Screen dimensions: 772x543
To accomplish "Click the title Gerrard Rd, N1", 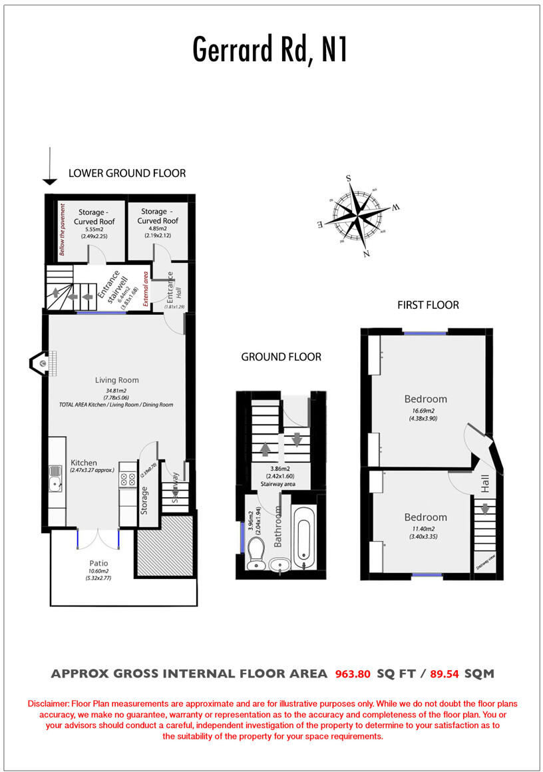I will click(x=270, y=49).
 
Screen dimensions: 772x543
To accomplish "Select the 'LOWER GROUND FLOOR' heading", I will click(x=127, y=173).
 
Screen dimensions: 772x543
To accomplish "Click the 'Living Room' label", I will click(x=116, y=381).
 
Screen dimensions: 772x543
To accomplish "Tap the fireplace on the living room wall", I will click(x=39, y=363).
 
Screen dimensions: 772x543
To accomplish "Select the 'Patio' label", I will click(x=91, y=562).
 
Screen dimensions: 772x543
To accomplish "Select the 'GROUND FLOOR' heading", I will click(x=281, y=357).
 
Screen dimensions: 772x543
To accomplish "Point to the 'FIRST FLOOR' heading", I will click(x=428, y=305).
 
